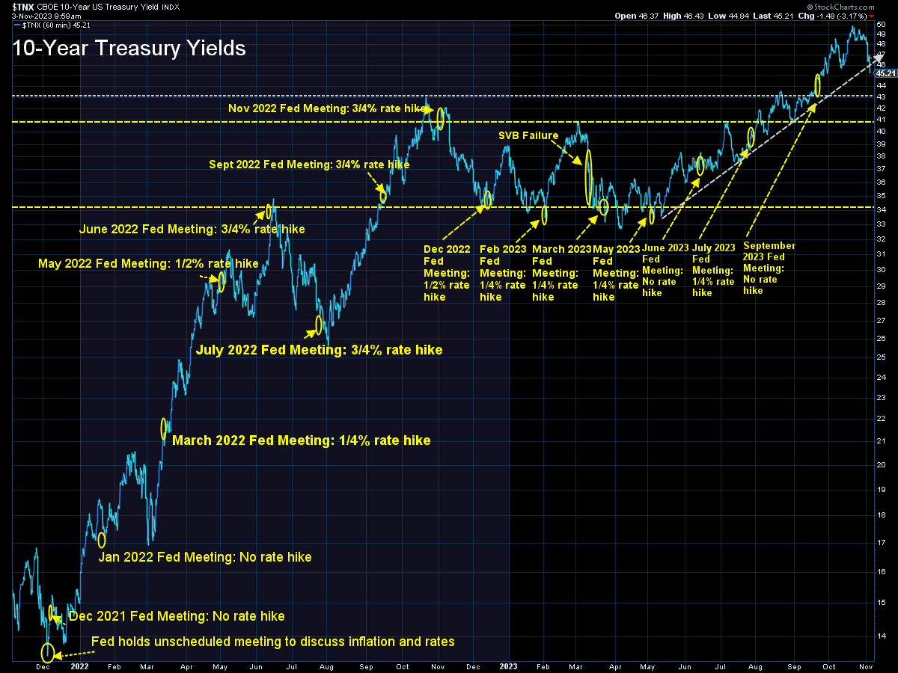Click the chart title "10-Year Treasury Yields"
point(129,48)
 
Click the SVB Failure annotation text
point(528,135)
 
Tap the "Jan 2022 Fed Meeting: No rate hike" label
point(205,557)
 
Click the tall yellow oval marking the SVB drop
point(588,177)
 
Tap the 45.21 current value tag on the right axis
point(885,73)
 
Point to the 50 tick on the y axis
point(881,24)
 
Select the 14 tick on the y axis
point(881,636)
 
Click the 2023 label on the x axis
point(508,666)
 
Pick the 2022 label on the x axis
point(79,666)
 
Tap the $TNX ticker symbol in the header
point(23,7)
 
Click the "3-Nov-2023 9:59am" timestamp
point(46,16)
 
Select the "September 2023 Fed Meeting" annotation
point(769,268)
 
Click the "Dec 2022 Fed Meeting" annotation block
point(447,273)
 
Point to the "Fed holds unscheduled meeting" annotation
point(272,642)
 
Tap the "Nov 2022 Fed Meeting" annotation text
point(326,108)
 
